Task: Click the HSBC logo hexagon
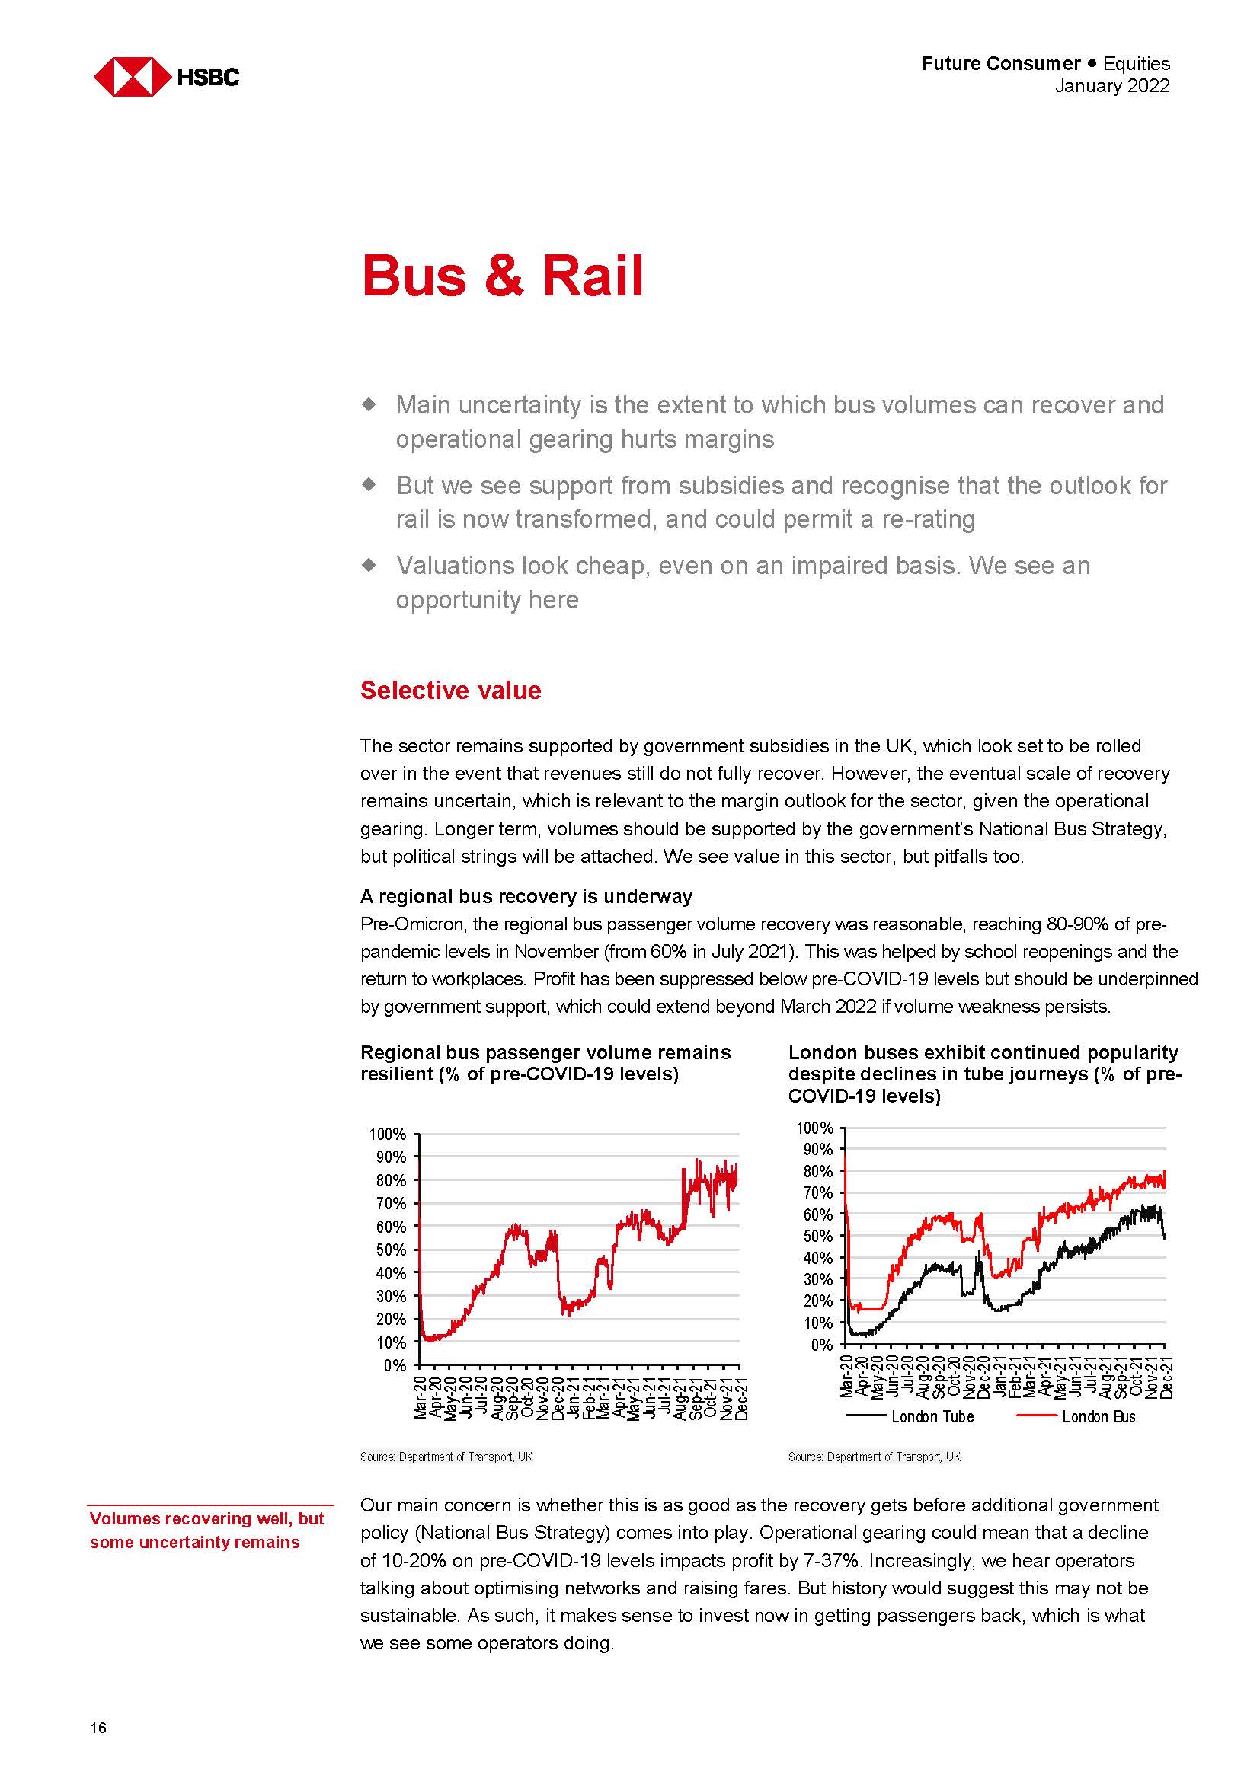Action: tap(132, 77)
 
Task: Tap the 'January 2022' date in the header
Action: tap(1111, 86)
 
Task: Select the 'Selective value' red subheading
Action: tap(450, 691)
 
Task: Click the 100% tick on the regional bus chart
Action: tap(388, 1134)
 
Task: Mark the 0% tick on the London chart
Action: tap(822, 1345)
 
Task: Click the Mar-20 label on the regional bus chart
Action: tap(421, 1399)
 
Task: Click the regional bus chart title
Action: tap(545, 1064)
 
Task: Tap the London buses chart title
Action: tap(983, 1074)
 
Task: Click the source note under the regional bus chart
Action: tap(446, 1457)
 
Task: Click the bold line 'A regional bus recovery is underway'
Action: tap(526, 897)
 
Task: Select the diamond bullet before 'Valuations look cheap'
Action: tap(370, 565)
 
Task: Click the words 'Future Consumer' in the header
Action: tap(1001, 64)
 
